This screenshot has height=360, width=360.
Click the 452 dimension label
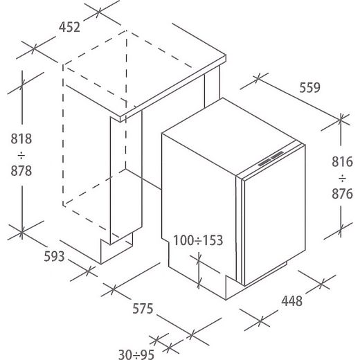pyautogui.click(x=69, y=27)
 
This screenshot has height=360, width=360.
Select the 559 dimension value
pyautogui.click(x=309, y=88)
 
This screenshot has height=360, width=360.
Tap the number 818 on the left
pyautogui.click(x=21, y=139)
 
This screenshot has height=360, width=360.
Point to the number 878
pyautogui.click(x=21, y=171)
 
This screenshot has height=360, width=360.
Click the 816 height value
pyautogui.click(x=342, y=162)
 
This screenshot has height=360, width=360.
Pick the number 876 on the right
pyautogui.click(x=342, y=194)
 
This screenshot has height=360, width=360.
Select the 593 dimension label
pyautogui.click(x=54, y=256)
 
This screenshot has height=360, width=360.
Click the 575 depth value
pyautogui.click(x=143, y=309)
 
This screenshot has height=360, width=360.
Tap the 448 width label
pyautogui.click(x=291, y=301)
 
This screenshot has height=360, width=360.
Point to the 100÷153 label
pyautogui.click(x=198, y=240)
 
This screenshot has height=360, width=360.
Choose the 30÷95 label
pyautogui.click(x=136, y=354)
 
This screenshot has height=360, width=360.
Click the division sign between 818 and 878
pyautogui.click(x=21, y=155)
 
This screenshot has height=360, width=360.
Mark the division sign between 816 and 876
pyautogui.click(x=342, y=178)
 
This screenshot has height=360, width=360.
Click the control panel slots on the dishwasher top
pyautogui.click(x=271, y=159)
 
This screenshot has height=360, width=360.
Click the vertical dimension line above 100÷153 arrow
pyautogui.click(x=199, y=271)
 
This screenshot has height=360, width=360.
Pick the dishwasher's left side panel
pyautogui.click(x=199, y=208)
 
